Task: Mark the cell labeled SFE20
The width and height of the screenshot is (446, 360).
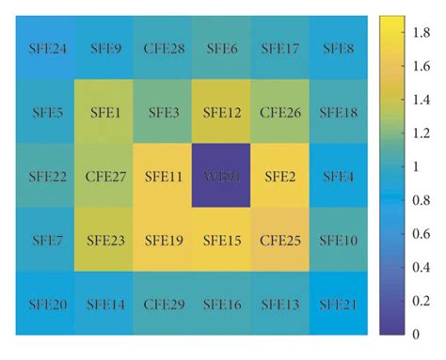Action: point(46,304)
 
